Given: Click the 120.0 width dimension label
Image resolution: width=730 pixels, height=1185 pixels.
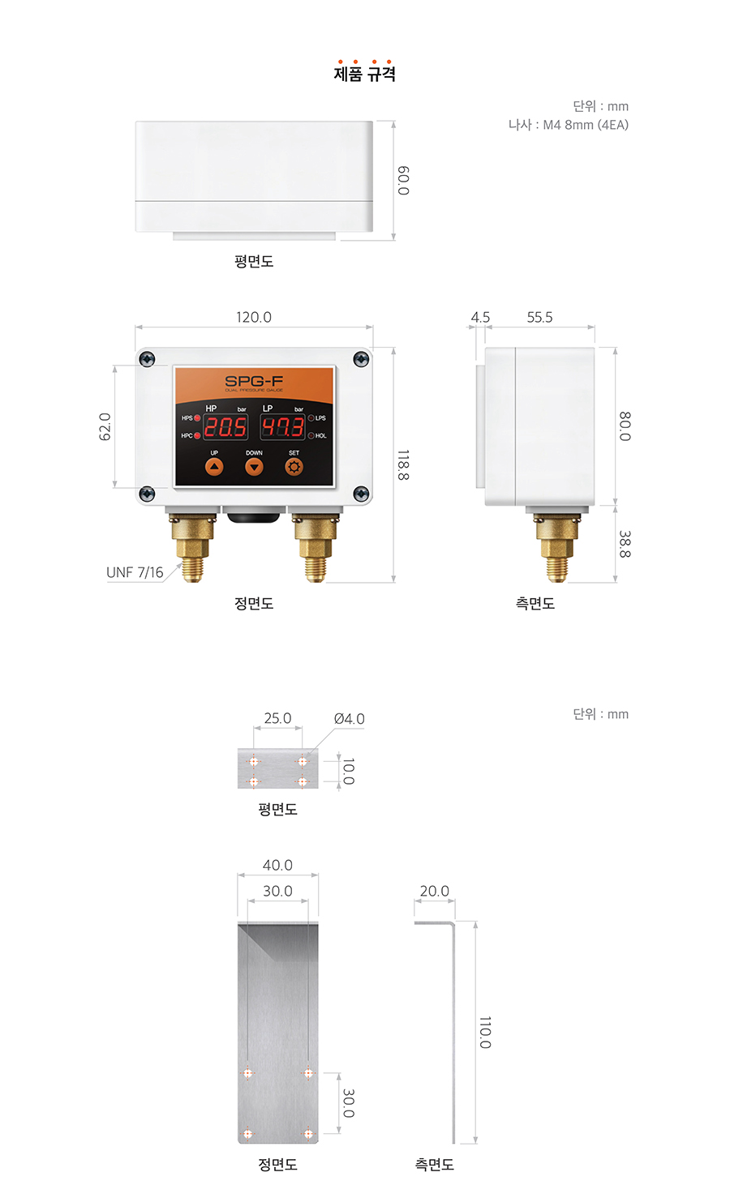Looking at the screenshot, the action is coord(254,317).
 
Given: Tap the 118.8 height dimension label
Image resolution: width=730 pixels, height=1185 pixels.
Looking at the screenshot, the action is coord(403,464).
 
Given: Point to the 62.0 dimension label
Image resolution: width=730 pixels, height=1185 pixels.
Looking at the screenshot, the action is coord(105,426).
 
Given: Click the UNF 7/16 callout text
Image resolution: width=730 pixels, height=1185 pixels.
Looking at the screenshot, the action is coord(135,572).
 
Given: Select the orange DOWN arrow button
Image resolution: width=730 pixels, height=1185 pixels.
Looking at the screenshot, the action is coord(254,467).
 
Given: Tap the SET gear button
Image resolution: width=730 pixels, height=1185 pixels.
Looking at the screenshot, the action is coord(294,467).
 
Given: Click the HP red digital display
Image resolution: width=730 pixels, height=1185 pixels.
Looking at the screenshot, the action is coord(225,427).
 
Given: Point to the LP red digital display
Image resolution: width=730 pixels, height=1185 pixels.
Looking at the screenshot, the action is coord(282,427).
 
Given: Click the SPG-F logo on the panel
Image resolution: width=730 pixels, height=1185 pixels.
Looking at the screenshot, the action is coord(254,381).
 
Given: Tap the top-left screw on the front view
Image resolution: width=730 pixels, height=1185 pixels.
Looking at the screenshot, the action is coord(147,359).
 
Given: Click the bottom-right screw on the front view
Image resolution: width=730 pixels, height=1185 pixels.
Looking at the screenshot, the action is coord(361,494).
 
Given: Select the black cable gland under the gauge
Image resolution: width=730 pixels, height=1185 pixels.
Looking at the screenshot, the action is coord(254,514).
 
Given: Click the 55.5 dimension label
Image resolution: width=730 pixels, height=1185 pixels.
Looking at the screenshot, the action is coord(539,317).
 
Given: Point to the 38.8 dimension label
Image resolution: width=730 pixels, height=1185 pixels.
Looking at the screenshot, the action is coord(625,544).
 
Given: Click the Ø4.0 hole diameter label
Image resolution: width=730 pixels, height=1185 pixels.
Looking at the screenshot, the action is coord(349,718).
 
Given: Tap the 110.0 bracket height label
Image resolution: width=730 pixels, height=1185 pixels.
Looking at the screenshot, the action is coord(485,1032).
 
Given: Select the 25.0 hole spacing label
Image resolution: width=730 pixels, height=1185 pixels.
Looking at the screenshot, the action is coord(277,718).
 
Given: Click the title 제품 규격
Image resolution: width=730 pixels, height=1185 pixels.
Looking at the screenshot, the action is coord(365,73).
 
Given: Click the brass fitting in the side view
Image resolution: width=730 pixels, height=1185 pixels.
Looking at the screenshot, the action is coord(556,548).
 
